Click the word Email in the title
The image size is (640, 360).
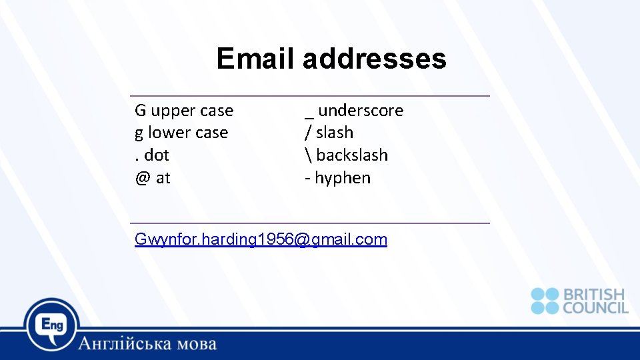pyautogui.click(x=255, y=59)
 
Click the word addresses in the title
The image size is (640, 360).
pyautogui.click(x=374, y=59)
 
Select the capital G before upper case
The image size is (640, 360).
pyautogui.click(x=140, y=111)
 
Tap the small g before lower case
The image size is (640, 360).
pyautogui.click(x=139, y=133)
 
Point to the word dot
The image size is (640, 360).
pyautogui.click(x=157, y=155)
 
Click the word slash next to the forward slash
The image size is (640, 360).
pyautogui.click(x=335, y=133)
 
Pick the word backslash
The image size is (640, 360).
pyautogui.click(x=352, y=155)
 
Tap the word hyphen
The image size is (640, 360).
pyautogui.click(x=343, y=178)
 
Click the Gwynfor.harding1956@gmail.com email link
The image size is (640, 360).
pyautogui.click(x=261, y=239)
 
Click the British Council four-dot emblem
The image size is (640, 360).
pyautogui.click(x=545, y=301)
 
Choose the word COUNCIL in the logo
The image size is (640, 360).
pyautogui.click(x=595, y=308)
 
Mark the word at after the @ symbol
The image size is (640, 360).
pyautogui.click(x=163, y=178)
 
